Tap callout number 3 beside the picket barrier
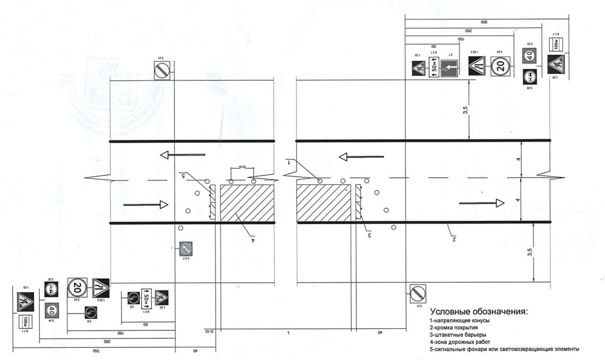(369, 235)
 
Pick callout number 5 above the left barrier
(182, 176)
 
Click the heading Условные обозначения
(478, 311)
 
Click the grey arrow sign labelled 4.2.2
(186, 249)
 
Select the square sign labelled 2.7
(449, 67)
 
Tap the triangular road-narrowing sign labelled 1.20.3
(476, 66)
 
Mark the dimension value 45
(381, 333)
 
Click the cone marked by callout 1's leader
(320, 180)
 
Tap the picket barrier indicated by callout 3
(358, 201)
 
